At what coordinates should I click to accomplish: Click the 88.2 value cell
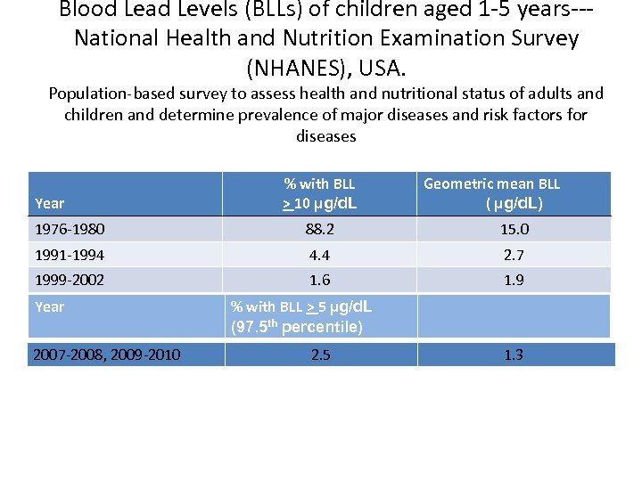click(x=319, y=229)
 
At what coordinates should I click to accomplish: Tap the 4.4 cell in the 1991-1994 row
click(x=319, y=255)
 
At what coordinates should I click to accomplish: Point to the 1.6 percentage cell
click(x=319, y=280)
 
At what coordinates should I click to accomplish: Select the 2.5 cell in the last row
click(x=320, y=355)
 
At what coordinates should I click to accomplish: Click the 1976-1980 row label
click(x=70, y=229)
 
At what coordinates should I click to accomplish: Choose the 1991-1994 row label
click(x=70, y=255)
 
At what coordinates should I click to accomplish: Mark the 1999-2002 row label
click(x=70, y=280)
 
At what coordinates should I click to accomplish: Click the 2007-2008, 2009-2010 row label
click(x=107, y=355)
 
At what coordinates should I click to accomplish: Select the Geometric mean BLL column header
click(x=492, y=184)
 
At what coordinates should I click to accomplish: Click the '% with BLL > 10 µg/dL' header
click(x=319, y=193)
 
